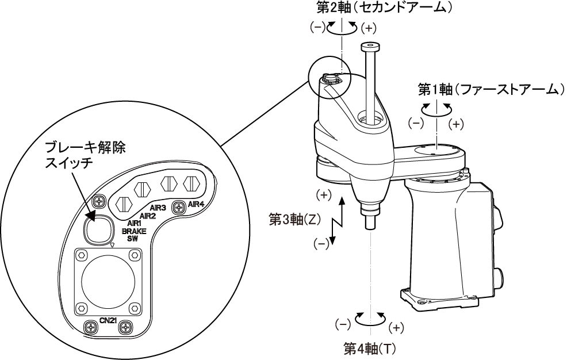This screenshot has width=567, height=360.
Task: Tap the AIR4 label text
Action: (197, 204)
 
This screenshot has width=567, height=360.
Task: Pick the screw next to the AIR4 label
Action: (178, 205)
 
